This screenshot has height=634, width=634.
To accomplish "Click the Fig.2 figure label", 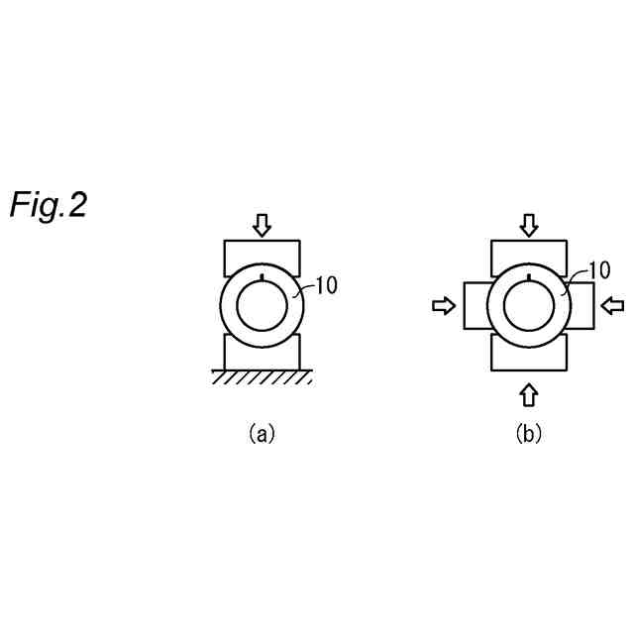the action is click(x=49, y=205).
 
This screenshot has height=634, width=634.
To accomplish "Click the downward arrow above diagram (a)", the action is click(x=261, y=226).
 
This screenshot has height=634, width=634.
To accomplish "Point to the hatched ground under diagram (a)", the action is click(x=261, y=376).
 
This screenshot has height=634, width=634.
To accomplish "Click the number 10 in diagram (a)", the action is click(x=326, y=286).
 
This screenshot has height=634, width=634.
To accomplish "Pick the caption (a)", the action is click(x=261, y=433).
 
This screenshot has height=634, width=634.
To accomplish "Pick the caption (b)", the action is click(x=528, y=433).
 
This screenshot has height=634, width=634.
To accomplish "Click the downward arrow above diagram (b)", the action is click(x=529, y=225).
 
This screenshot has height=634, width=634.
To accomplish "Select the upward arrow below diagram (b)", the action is click(x=529, y=394).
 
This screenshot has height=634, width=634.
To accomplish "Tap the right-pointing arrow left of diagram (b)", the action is click(x=443, y=307).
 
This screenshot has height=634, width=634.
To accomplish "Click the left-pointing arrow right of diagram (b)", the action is click(x=614, y=306).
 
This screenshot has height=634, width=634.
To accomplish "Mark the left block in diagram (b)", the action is click(x=475, y=306).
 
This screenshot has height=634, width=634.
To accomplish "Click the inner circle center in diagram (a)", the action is click(x=261, y=307).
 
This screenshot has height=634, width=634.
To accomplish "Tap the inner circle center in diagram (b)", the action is click(x=529, y=307).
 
